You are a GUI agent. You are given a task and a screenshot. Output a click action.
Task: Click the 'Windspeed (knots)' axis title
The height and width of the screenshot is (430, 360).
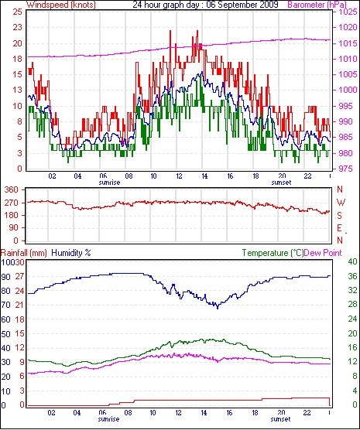(61, 5)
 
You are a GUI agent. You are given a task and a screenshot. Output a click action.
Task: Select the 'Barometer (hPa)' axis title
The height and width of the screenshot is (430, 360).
(317, 5)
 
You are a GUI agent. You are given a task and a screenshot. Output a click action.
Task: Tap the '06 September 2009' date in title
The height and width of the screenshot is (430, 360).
(242, 5)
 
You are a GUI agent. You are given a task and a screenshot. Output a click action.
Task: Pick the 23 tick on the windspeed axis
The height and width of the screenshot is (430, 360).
(17, 27)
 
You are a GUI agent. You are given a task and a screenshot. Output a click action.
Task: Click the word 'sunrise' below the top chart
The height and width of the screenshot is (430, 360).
(109, 183)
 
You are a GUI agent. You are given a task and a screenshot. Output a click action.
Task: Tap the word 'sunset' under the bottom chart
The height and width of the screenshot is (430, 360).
(280, 419)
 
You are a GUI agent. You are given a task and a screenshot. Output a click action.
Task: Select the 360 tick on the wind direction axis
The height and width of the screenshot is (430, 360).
(12, 189)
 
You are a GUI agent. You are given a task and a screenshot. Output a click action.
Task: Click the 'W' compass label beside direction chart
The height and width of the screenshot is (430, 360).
(341, 203)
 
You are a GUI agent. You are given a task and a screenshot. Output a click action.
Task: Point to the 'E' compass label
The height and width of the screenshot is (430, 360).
(340, 228)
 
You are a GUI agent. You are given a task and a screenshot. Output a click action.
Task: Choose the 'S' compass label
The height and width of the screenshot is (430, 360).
(340, 216)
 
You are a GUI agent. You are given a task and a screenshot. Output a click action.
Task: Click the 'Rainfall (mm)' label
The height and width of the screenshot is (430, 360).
(24, 253)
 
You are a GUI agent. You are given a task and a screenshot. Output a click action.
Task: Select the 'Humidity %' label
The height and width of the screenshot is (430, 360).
(71, 253)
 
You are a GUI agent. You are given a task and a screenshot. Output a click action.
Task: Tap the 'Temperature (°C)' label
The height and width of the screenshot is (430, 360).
(273, 253)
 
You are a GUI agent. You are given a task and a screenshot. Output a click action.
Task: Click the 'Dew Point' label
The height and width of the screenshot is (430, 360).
(323, 253)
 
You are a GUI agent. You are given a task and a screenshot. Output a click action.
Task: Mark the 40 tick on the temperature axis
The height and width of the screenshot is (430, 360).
(352, 261)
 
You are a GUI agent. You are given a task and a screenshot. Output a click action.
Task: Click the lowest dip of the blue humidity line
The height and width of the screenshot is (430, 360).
(218, 309)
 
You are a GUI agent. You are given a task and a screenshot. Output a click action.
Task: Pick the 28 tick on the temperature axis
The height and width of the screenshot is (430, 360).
(352, 304)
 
